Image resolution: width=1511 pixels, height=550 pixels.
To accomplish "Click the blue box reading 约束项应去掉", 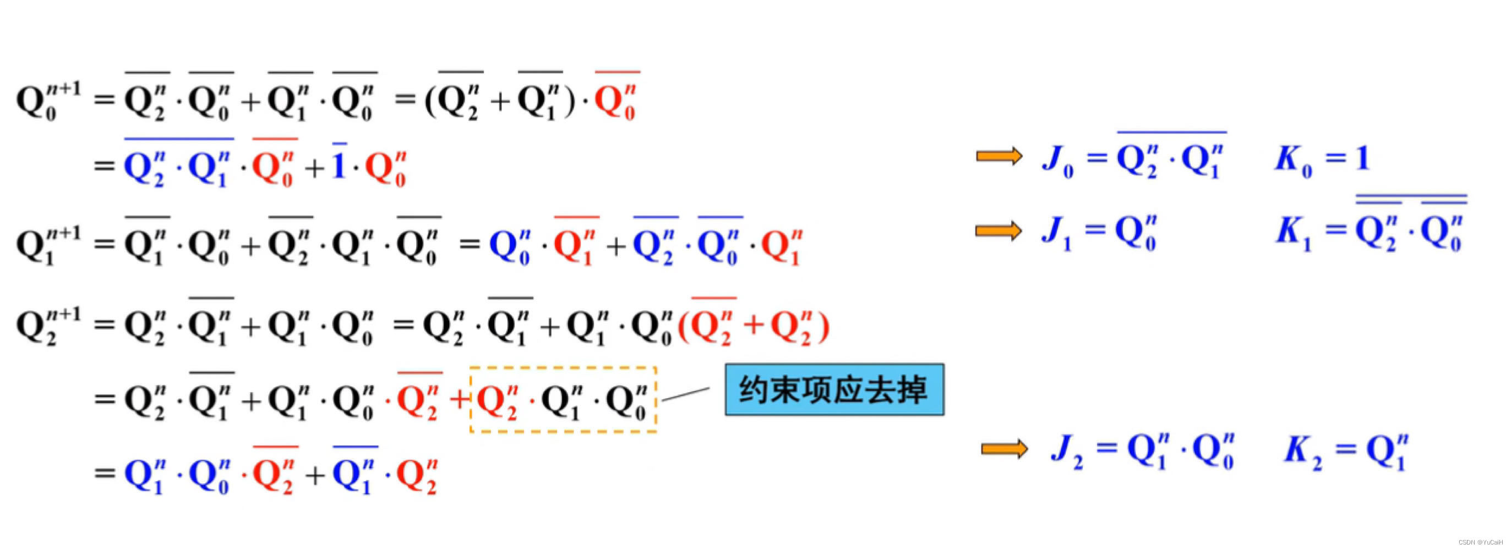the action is coord(833,389).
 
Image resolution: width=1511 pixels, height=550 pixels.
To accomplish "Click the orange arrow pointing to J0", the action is coord(999,156).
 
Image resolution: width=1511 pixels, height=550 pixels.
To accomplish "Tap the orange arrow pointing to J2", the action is coord(1003,449).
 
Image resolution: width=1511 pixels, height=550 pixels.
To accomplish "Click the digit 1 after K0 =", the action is coord(1362,158).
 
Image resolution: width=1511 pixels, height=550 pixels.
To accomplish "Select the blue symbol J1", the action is coord(1056,232).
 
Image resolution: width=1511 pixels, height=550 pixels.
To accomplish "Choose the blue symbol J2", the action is coord(1066,451).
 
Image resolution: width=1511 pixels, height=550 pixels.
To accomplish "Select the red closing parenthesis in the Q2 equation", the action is coord(823,326).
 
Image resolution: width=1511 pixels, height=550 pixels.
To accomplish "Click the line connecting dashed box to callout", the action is coord(685,394).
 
